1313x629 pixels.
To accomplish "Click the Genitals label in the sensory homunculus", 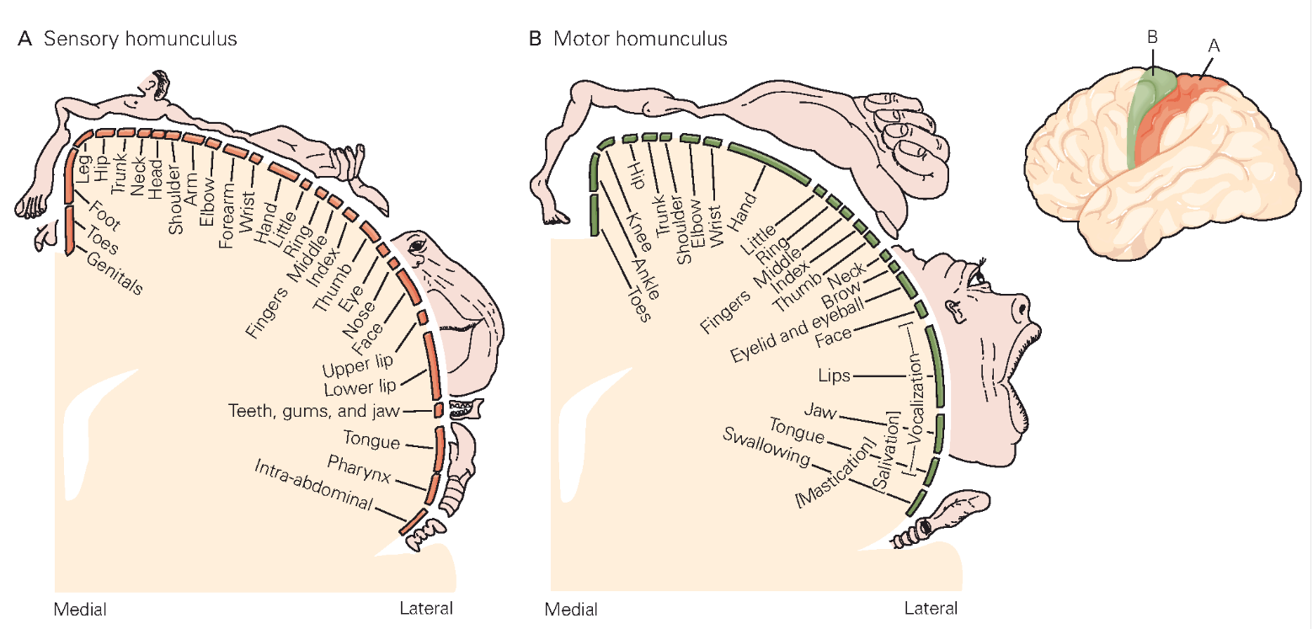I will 114,273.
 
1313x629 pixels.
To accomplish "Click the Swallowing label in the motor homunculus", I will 766,448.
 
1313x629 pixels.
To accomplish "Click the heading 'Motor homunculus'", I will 640,39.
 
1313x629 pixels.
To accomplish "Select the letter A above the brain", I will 1213,48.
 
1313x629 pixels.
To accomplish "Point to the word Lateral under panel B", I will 931,608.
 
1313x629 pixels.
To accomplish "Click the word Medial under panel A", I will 81,608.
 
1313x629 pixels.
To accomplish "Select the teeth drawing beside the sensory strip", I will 462,410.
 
